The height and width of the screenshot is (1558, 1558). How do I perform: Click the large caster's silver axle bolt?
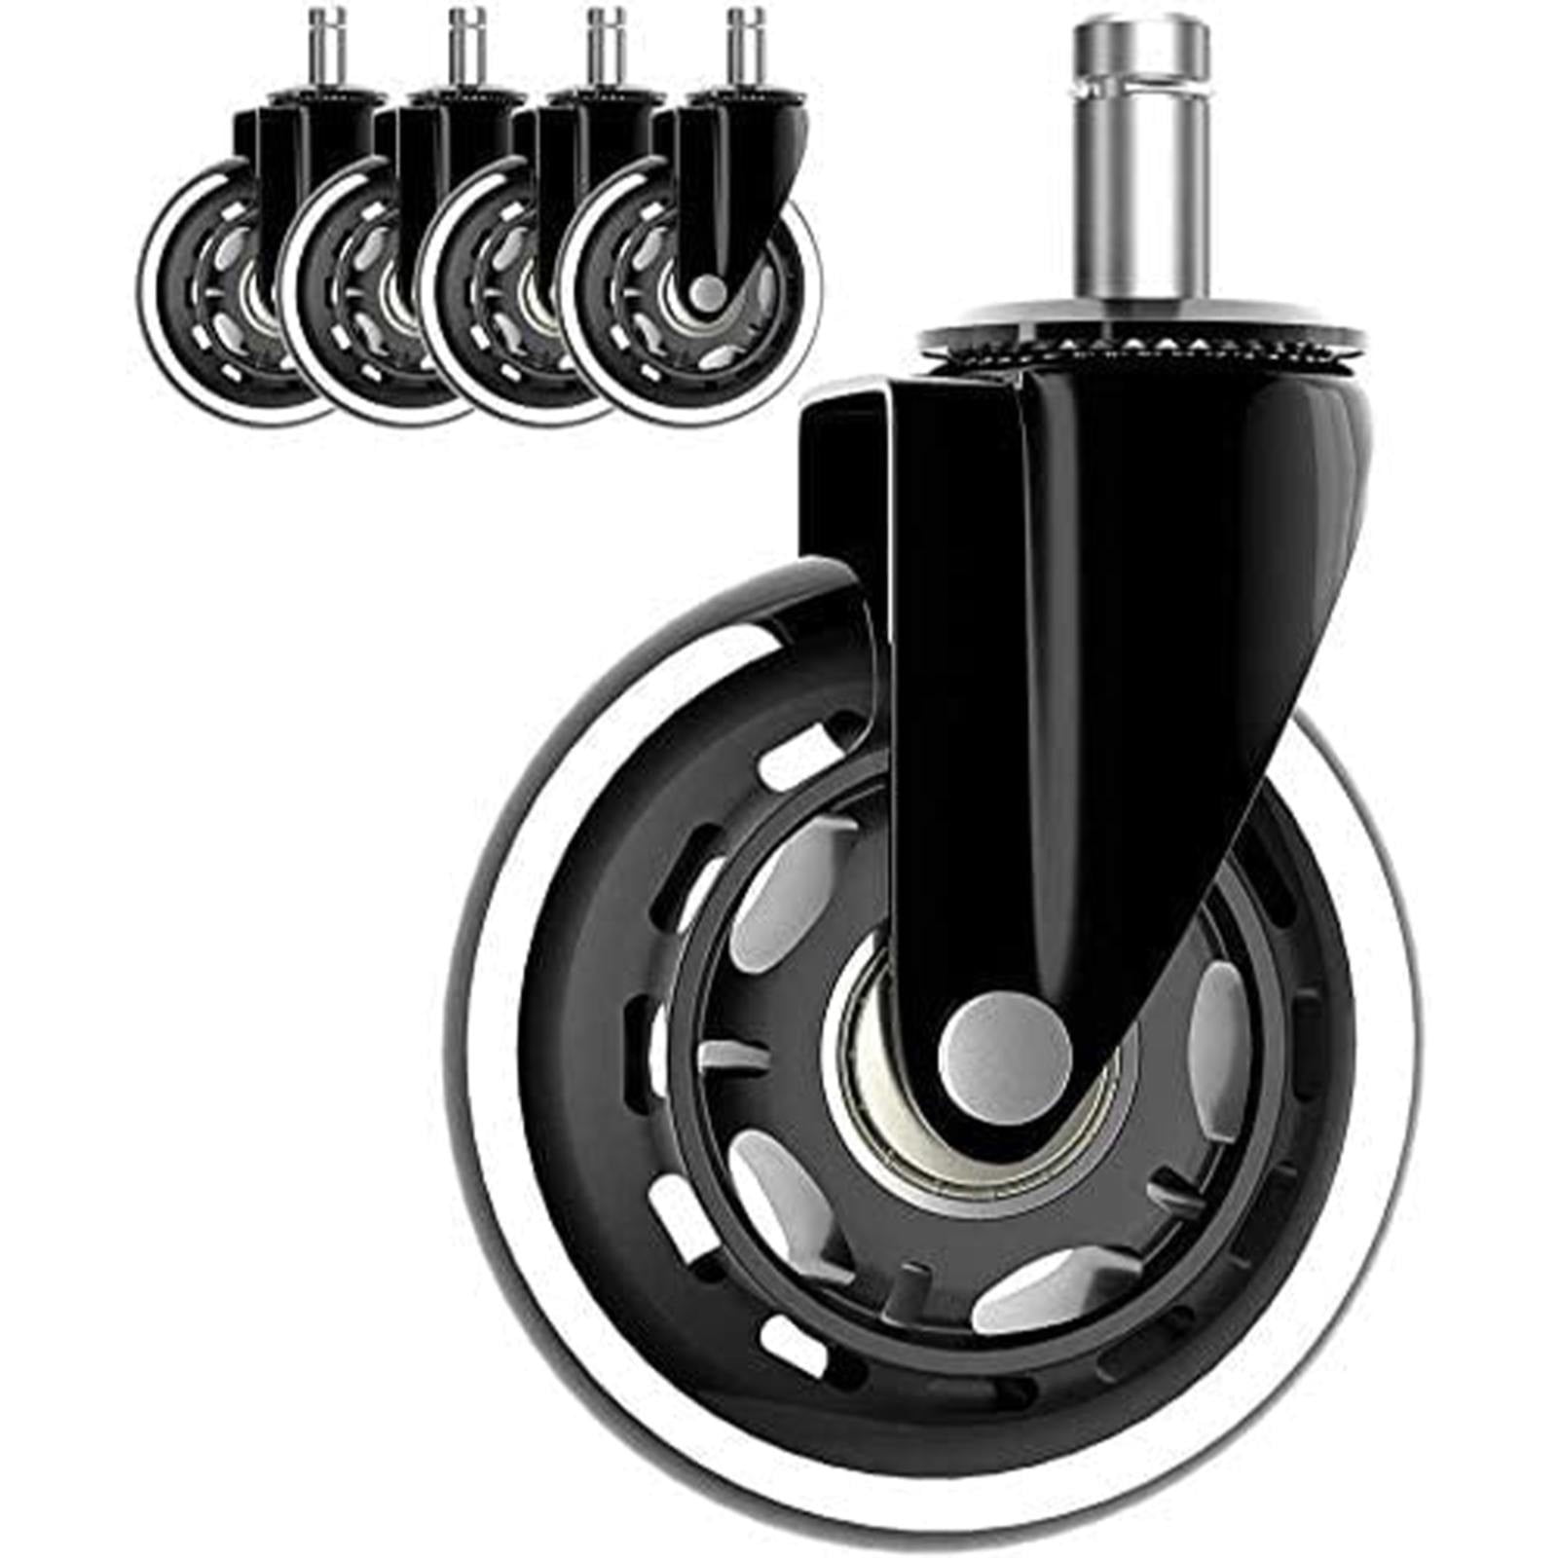[1005, 1055]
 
